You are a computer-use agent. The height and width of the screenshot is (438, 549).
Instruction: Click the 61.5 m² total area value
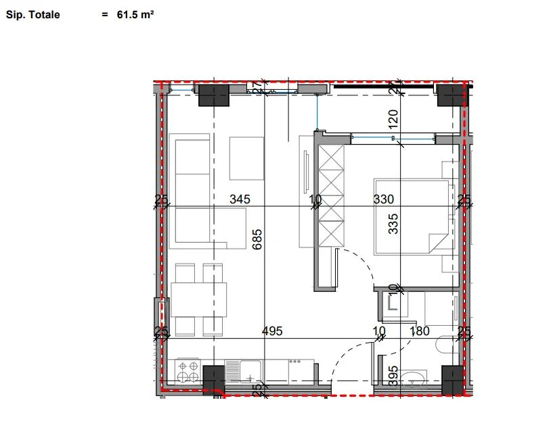135,14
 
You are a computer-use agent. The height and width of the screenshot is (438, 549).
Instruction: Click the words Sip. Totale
32,14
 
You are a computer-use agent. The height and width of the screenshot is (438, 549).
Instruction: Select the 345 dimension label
240,199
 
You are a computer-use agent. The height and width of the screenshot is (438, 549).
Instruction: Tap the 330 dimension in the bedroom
384,199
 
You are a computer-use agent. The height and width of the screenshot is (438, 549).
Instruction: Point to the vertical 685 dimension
257,239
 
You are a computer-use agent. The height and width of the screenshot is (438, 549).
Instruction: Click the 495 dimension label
272,331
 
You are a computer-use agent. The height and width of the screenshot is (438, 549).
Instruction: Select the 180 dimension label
420,331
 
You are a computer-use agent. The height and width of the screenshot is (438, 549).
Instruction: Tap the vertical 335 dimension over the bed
393,223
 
